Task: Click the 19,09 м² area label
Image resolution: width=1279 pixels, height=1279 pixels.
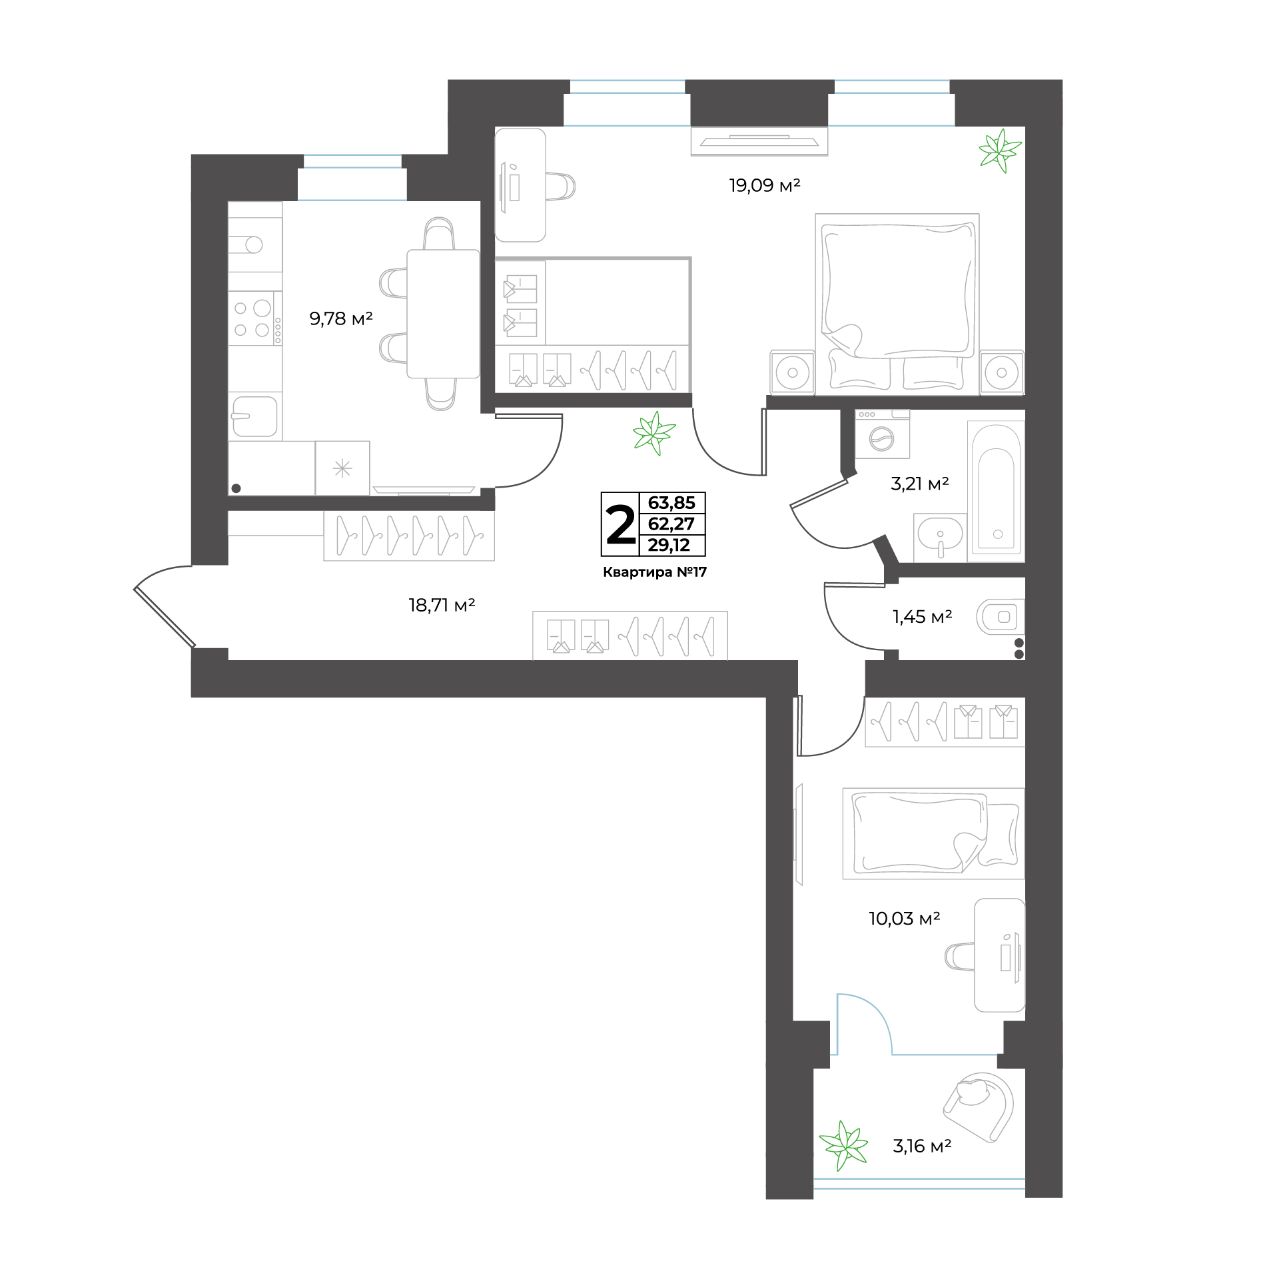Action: click(x=764, y=185)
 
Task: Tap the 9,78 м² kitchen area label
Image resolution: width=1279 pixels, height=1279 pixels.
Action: click(x=340, y=318)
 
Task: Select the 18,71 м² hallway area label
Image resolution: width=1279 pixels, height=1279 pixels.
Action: click(x=441, y=605)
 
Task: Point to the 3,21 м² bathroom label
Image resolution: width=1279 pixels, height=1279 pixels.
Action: click(x=919, y=484)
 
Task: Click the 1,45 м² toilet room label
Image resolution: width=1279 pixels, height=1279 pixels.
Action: click(x=922, y=617)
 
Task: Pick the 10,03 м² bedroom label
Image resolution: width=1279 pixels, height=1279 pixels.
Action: click(x=904, y=919)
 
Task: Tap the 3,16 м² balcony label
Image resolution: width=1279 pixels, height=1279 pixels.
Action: click(x=922, y=1146)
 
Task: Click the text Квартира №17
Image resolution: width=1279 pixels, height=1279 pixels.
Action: click(x=654, y=572)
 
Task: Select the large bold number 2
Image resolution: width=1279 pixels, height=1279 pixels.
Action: click(x=620, y=525)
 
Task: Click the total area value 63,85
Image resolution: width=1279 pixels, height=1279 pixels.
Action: click(x=671, y=503)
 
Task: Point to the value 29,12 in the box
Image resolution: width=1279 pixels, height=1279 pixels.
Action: click(x=669, y=545)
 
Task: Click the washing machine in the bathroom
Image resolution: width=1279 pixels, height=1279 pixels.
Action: click(x=882, y=434)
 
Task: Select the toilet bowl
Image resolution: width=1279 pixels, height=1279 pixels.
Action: click(x=1000, y=617)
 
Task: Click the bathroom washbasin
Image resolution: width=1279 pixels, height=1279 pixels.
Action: click(x=940, y=537)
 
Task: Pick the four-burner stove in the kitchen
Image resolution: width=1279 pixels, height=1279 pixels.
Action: click(x=255, y=318)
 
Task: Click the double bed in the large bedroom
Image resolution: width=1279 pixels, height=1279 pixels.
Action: click(x=897, y=304)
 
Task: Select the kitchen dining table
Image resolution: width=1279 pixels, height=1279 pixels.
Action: click(x=443, y=314)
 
